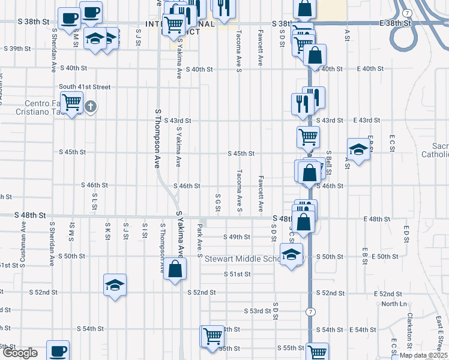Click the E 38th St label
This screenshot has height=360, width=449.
click(x=396, y=23)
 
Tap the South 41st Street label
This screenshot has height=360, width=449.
click(x=85, y=86)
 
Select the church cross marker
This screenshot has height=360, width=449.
click(x=91, y=107)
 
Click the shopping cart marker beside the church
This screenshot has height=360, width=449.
click(x=72, y=103)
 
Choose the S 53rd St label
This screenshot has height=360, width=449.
click(x=258, y=311)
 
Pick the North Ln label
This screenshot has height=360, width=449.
click(x=394, y=304)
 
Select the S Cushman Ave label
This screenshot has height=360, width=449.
click(x=23, y=236)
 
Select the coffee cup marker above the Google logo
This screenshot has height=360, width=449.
click(x=58, y=351)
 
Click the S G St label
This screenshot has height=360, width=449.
click(x=218, y=203)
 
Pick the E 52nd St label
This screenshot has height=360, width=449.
click(x=388, y=294)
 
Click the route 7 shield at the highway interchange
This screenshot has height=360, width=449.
click(x=408, y=13)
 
